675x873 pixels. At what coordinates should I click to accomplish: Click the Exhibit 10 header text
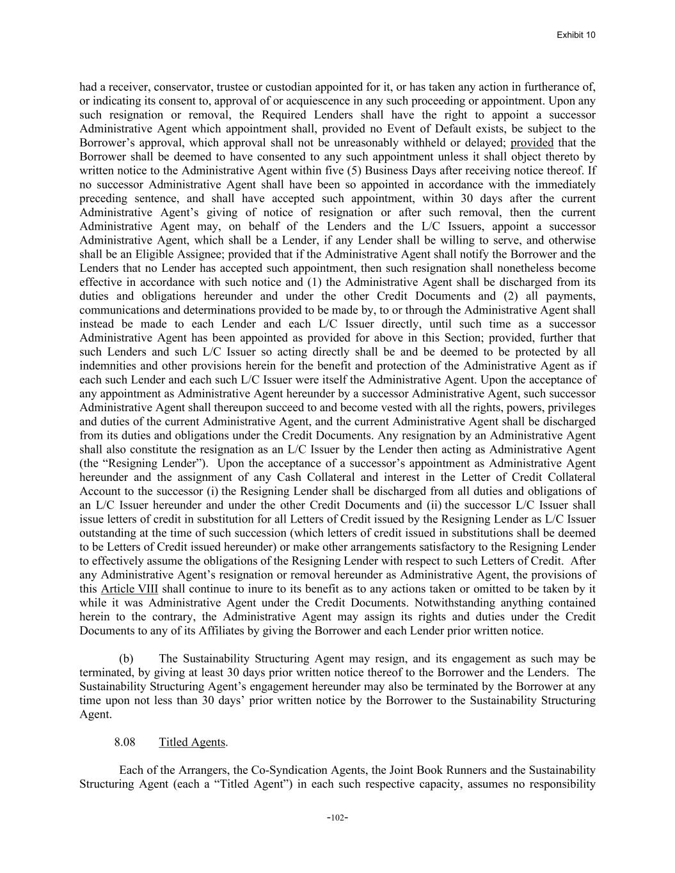576,35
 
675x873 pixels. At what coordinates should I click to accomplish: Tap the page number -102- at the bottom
337,817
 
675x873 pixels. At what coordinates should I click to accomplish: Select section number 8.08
125,742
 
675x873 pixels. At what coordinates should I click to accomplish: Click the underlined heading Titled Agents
192,742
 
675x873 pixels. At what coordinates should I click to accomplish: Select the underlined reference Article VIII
129,589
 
